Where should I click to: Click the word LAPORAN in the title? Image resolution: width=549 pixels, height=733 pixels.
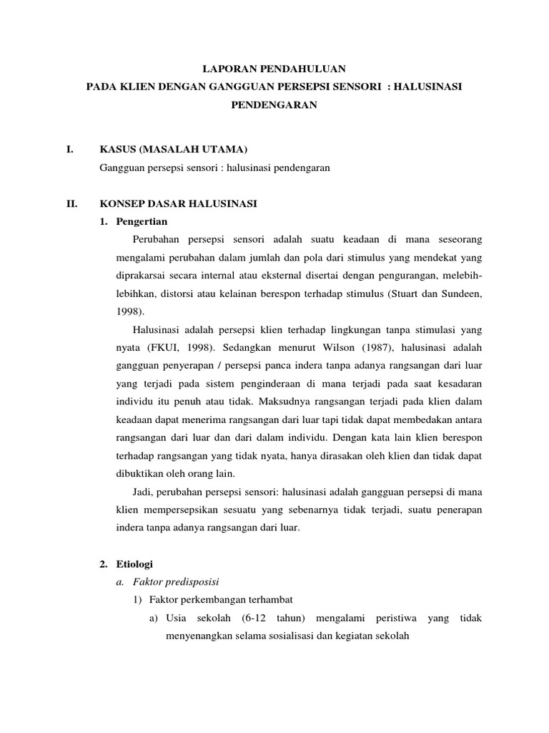227,69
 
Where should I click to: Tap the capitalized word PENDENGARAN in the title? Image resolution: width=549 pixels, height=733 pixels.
274,105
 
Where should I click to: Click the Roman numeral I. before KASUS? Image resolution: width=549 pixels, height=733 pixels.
69,149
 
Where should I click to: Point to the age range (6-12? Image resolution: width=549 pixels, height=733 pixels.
256,618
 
